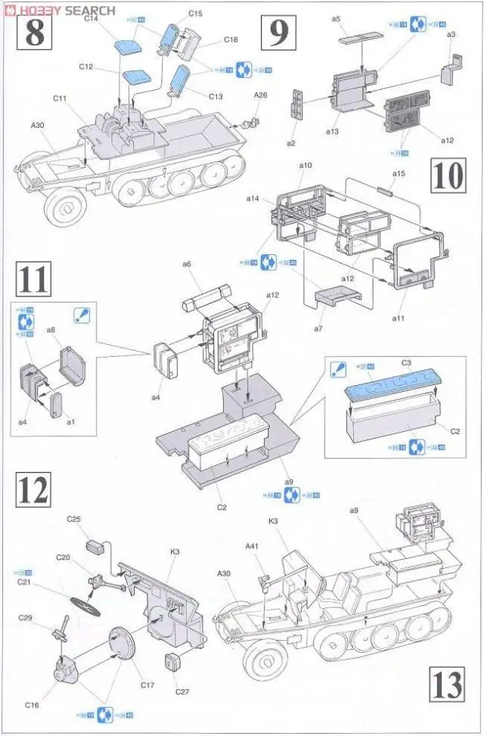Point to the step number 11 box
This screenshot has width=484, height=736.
point(33,279)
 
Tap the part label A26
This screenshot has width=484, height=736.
point(261,95)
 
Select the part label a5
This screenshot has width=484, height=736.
point(336,18)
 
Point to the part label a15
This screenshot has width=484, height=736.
point(399,173)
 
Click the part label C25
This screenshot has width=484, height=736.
point(73,519)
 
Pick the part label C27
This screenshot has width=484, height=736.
point(181,691)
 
